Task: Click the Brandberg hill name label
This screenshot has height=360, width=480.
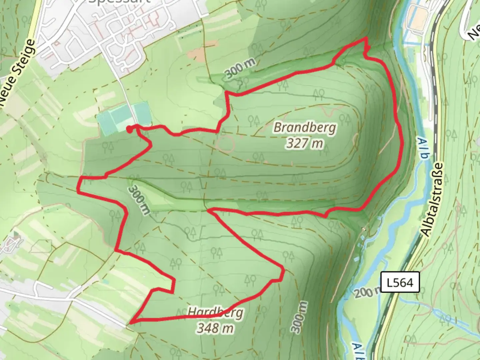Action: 305,128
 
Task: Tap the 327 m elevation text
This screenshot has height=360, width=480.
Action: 305,143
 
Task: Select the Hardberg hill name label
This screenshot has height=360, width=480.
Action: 215,313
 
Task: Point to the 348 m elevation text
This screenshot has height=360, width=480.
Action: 215,328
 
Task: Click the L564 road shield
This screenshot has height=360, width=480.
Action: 400,283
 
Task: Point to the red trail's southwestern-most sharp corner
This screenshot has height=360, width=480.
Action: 131,322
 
